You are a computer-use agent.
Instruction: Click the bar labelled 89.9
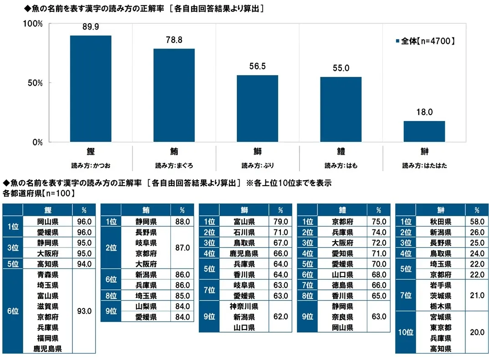pyautogui.click(x=91, y=89)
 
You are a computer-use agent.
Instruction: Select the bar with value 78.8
pyautogui.click(x=174, y=96)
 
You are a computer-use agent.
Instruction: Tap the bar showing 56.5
pyautogui.click(x=257, y=108)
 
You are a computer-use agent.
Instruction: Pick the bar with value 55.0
pyautogui.click(x=341, y=109)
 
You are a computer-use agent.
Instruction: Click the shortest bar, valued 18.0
pyautogui.click(x=424, y=132)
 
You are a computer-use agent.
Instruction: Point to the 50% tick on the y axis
pyautogui.click(x=35, y=83)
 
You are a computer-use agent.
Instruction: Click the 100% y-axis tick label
pyautogui.click(x=33, y=24)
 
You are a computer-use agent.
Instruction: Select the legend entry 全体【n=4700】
pyautogui.click(x=425, y=41)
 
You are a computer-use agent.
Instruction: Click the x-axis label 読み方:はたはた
pyautogui.click(x=424, y=166)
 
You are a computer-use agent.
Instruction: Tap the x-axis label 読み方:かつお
pyautogui.click(x=91, y=166)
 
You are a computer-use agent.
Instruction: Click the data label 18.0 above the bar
pyautogui.click(x=424, y=112)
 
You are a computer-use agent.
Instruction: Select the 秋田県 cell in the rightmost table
pyautogui.click(x=440, y=222)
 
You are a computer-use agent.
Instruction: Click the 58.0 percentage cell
pyautogui.click(x=477, y=222)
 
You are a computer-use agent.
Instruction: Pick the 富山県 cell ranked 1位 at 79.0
pyautogui.click(x=244, y=222)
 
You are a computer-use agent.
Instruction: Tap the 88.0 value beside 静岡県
pyautogui.click(x=183, y=222)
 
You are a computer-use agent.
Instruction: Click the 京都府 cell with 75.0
pyautogui.click(x=342, y=222)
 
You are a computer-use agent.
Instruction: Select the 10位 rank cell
pyautogui.click(x=405, y=332)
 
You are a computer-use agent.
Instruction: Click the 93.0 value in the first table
pyautogui.click(x=84, y=311)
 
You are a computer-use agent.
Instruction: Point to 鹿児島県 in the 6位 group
pyautogui.click(x=48, y=349)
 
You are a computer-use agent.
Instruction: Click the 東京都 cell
pyautogui.click(x=440, y=328)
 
